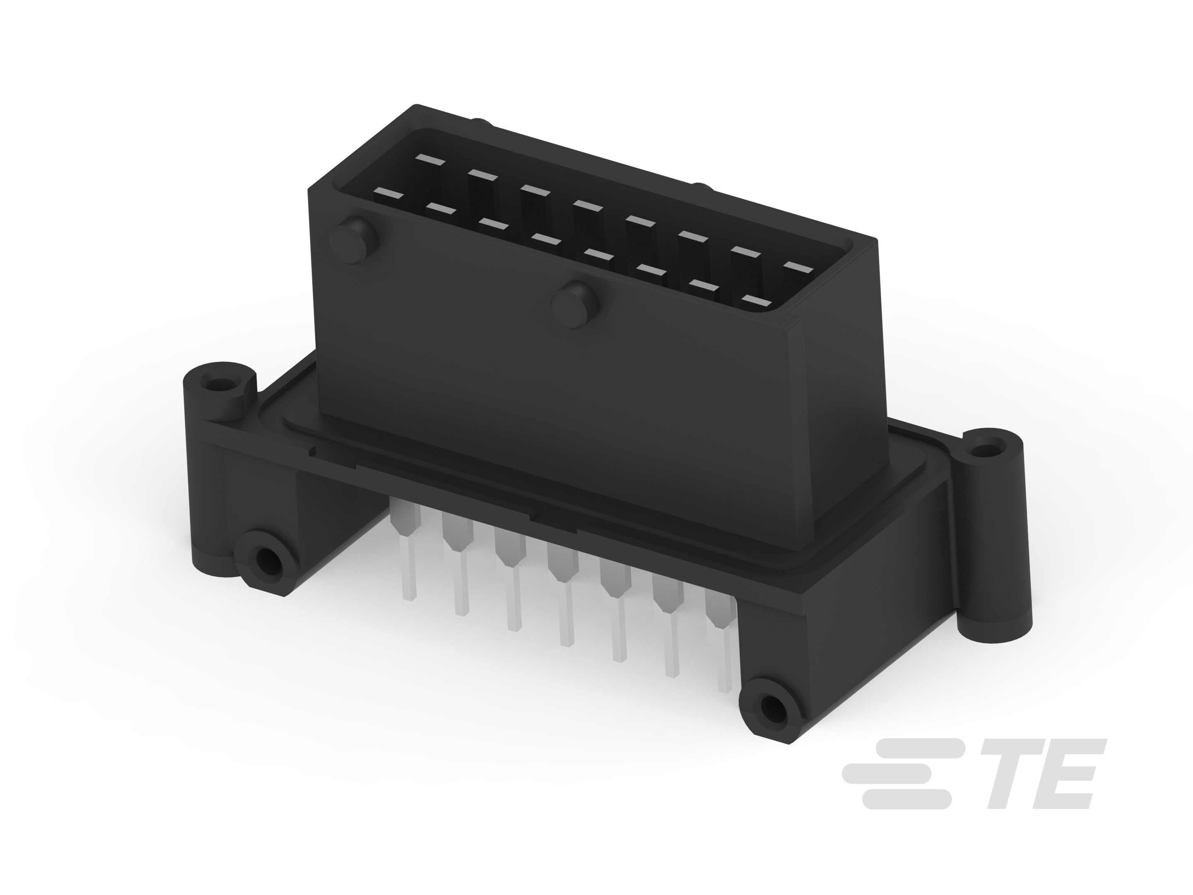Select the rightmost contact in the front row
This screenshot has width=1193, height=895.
pos(757,300)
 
